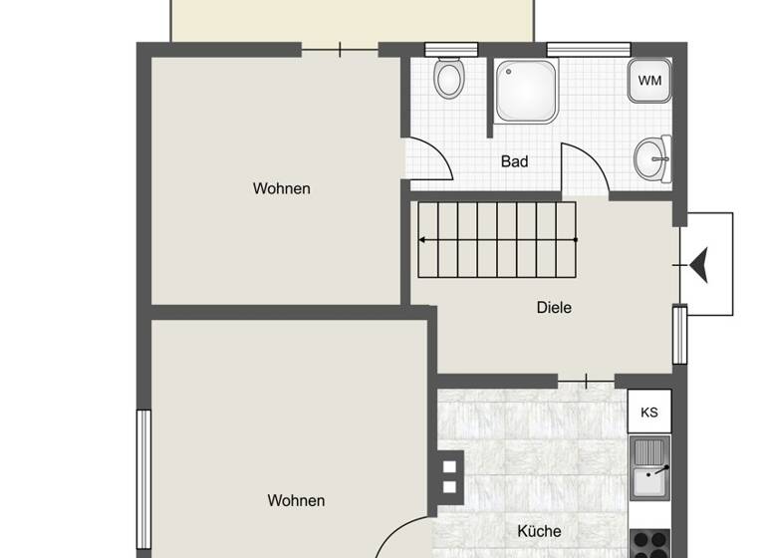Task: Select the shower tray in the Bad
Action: (x=527, y=91)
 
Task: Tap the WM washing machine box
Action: (x=649, y=81)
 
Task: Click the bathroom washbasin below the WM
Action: (x=653, y=158)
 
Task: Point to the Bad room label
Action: (x=515, y=161)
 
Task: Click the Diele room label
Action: (x=554, y=308)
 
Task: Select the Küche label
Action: (x=539, y=531)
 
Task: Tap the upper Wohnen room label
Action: (x=281, y=188)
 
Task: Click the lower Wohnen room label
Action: (x=296, y=501)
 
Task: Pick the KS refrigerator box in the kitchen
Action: (x=649, y=412)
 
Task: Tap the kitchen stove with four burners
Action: (x=650, y=543)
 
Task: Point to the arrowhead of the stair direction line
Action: (x=422, y=240)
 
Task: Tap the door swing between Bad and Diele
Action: (x=585, y=169)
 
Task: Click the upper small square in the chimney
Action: (x=449, y=465)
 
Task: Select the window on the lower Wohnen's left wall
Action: (x=143, y=477)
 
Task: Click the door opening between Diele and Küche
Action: (x=586, y=380)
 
